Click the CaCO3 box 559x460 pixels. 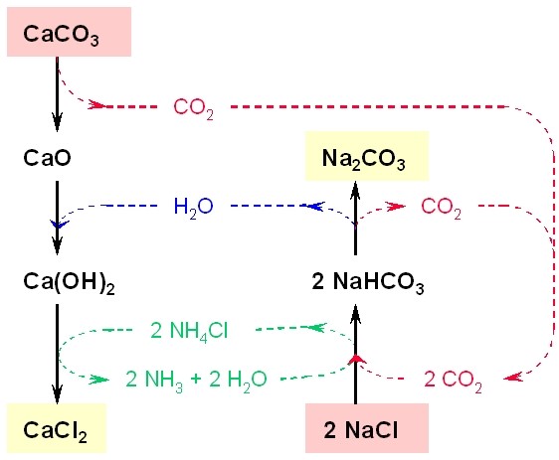point(70,32)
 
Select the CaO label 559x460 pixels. point(47,158)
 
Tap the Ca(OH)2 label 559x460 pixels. point(69,282)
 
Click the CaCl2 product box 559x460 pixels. point(57,428)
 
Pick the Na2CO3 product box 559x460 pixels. point(367,156)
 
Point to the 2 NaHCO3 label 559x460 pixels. point(368,282)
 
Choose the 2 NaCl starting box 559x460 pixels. point(367,428)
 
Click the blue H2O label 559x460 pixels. point(194,207)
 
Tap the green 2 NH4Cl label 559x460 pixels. point(189,331)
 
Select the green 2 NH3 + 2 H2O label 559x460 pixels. point(196,380)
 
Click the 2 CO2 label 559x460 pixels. point(453,381)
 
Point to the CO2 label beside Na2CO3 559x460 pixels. point(441,207)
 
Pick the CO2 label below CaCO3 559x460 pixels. point(194,107)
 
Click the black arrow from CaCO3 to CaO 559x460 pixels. point(57,94)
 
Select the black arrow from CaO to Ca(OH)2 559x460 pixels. point(57,218)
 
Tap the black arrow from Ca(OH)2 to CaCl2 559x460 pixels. point(57,354)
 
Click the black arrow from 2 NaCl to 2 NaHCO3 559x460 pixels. point(355,354)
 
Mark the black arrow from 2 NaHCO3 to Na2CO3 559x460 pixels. point(355,218)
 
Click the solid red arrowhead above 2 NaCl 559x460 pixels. point(356,360)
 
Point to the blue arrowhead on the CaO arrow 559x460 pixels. point(59,225)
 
